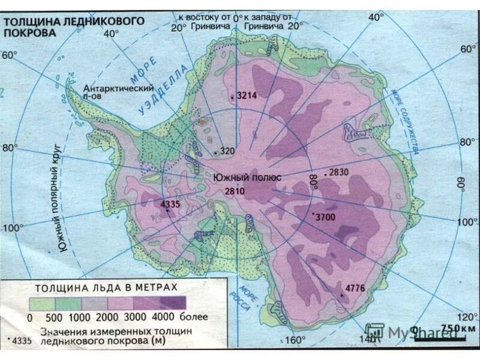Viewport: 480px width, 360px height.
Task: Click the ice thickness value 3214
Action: (246, 95)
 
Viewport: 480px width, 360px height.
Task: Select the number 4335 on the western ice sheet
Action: (170, 205)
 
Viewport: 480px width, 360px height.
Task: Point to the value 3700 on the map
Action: (325, 217)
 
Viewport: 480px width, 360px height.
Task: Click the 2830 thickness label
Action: (338, 172)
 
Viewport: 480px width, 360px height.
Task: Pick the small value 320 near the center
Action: (227, 151)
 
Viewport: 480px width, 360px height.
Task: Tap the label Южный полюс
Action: (238, 178)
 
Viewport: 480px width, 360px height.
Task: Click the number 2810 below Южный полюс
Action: (234, 191)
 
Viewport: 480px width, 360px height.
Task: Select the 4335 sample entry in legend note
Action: (20, 340)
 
